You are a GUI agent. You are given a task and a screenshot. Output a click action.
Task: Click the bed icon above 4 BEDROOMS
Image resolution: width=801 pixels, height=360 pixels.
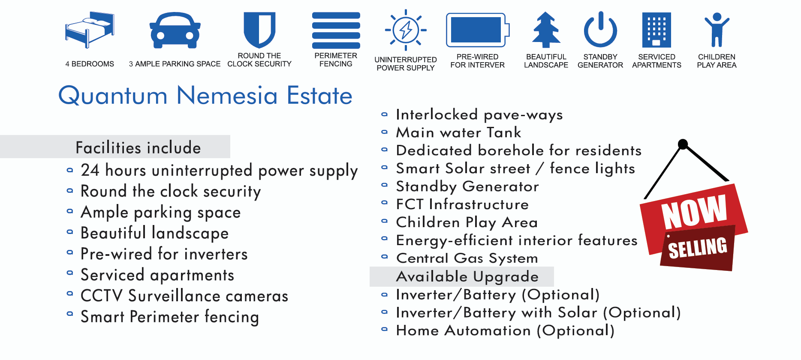pos(90,30)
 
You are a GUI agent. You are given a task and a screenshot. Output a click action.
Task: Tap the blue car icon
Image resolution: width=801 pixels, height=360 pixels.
pos(175,30)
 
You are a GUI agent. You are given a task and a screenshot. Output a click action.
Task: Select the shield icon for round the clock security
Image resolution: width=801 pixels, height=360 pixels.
pos(259,30)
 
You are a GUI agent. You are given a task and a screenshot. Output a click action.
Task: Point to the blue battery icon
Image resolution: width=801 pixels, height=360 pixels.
pos(477,30)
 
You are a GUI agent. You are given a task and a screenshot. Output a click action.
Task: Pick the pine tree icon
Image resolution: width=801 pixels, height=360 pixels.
pos(546,30)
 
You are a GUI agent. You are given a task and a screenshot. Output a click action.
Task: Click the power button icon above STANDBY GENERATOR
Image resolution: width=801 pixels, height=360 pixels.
pos(600,30)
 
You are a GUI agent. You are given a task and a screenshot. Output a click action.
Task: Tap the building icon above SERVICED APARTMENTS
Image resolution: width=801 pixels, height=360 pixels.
pos(656,30)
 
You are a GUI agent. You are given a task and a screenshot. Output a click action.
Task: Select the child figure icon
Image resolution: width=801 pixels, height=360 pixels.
pos(717,30)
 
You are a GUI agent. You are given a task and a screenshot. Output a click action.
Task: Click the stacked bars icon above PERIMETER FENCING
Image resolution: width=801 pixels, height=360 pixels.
pos(336,30)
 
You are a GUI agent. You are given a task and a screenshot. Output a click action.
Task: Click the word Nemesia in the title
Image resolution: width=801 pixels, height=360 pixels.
pos(227,96)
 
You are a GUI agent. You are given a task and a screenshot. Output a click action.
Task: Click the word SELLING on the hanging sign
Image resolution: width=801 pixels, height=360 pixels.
pos(698,248)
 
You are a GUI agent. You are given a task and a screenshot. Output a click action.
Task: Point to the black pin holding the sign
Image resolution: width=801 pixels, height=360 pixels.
pos(683,144)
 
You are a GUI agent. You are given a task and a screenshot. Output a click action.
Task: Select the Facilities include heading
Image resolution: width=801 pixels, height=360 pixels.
pos(138,148)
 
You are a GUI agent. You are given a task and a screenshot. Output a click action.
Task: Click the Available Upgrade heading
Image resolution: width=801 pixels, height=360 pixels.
pos(467,277)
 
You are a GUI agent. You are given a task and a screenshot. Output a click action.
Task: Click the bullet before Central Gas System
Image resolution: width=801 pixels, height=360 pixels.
pos(385,257)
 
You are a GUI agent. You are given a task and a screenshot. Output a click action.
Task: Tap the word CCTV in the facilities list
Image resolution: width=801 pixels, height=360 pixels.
pos(102,296)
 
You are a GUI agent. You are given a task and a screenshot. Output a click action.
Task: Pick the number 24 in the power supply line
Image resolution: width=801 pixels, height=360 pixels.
pos(90,170)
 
